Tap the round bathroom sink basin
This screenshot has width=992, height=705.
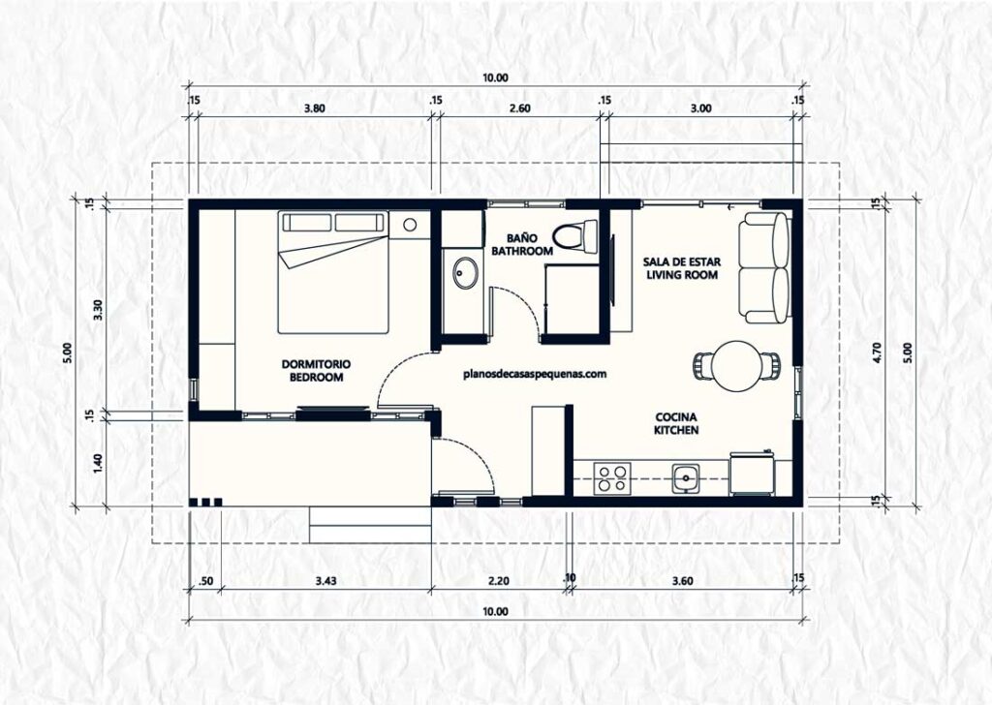pos(464,274)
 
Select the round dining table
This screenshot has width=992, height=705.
pos(738,366)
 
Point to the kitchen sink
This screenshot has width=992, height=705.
pos(687,476)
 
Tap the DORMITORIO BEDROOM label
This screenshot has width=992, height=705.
pos(317,371)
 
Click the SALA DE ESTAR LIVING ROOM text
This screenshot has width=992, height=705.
pos(681,268)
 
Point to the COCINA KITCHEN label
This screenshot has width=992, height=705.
pos(675,423)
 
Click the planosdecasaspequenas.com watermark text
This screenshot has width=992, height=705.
pos(536,372)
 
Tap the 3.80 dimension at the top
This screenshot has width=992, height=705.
pos(314,108)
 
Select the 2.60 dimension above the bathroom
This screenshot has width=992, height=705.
pos(519,108)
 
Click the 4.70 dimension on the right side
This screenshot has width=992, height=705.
pos(877,352)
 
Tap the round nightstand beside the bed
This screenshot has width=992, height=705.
pos(410,225)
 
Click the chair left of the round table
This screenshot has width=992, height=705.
pos(704,366)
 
